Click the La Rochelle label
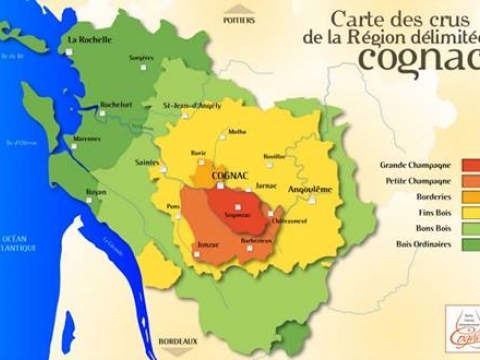pyautogui.click(x=88, y=39)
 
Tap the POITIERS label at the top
pyautogui.click(x=239, y=20)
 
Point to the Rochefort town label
pyautogui.click(x=116, y=103)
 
